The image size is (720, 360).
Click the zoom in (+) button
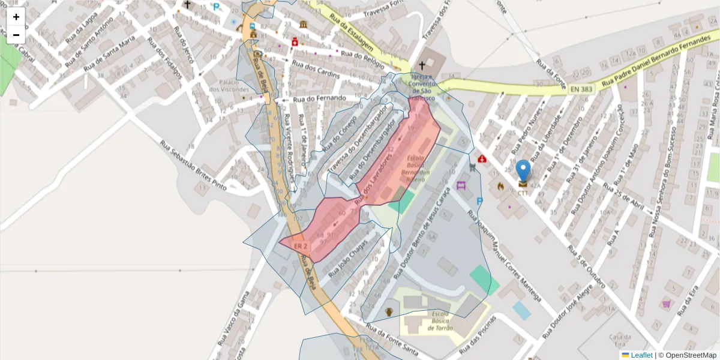[16, 17]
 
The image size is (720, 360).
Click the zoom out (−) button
[16, 35]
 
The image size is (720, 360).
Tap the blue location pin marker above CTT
[523, 170]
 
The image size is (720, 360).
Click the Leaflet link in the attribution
[641, 355]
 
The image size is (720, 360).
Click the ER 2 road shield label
[301, 246]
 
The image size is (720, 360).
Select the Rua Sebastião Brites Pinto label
[193, 166]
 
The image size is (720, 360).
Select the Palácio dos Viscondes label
[220, 85]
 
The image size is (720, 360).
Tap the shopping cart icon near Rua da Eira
[666, 304]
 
